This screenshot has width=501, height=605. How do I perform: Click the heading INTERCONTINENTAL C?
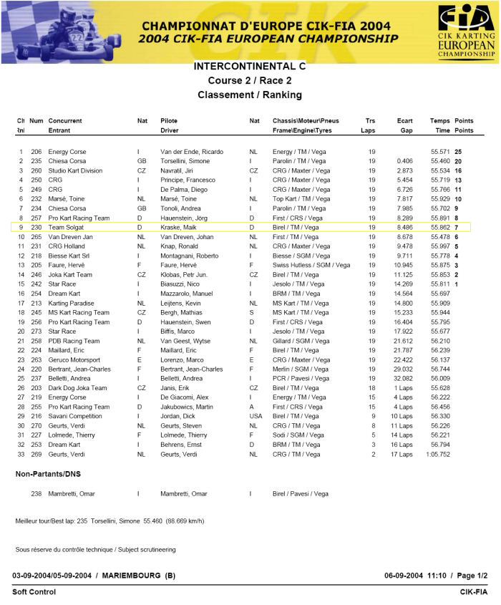pos(249,66)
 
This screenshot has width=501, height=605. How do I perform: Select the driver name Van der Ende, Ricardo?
pos(192,152)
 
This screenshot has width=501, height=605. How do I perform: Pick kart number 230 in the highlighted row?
pos(36,227)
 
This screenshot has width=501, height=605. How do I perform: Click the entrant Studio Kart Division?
pos(75,170)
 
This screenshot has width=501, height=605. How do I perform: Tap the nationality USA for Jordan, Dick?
pos(256,416)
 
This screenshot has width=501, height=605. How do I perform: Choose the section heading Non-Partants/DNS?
pos(48,474)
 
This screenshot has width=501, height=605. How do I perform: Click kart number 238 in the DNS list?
pos(36,493)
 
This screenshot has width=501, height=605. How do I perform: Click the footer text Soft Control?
pos(34,592)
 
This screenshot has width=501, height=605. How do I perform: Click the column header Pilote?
pos(169,121)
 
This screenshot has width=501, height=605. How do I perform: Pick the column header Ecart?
pos(404,121)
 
